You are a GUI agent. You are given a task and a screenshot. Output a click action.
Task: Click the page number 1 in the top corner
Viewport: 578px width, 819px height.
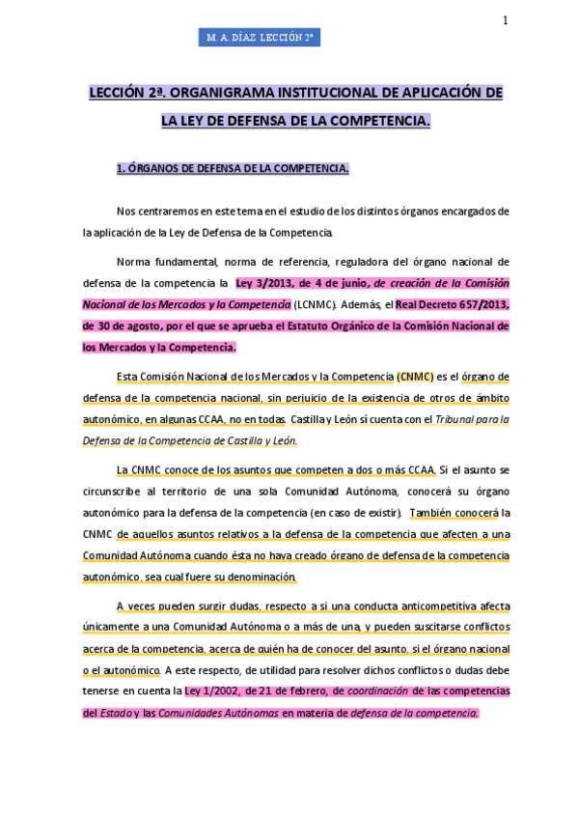click(x=506, y=21)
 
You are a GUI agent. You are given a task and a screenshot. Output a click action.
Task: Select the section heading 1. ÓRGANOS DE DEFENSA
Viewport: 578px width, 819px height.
click(x=232, y=168)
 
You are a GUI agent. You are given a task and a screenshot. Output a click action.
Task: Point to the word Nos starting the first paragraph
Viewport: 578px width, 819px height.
click(x=125, y=211)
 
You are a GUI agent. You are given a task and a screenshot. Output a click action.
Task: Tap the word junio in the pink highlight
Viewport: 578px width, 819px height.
click(x=351, y=283)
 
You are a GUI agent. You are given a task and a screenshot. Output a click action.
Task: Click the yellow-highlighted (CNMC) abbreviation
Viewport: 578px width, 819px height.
click(x=415, y=377)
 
